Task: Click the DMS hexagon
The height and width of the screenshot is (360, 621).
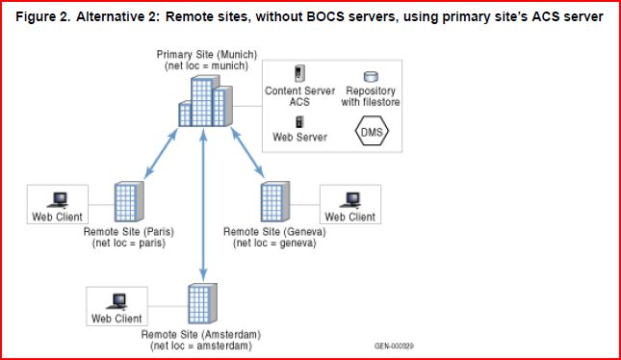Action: pyautogui.click(x=372, y=131)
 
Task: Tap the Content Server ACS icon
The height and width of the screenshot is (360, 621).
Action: pyautogui.click(x=299, y=73)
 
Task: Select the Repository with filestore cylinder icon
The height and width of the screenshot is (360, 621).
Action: pyautogui.click(x=371, y=76)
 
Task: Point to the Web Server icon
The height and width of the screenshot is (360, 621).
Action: pyautogui.click(x=299, y=122)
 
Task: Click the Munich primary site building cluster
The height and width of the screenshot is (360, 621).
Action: pyautogui.click(x=205, y=101)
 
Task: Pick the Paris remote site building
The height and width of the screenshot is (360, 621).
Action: pyautogui.click(x=129, y=201)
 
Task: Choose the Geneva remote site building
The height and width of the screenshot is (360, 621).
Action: pyautogui.click(x=275, y=201)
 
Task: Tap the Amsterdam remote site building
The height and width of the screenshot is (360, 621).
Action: pyautogui.click(x=202, y=303)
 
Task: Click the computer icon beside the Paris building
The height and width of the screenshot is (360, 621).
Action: pyautogui.click(x=58, y=200)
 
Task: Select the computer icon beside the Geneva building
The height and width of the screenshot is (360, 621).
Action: pyautogui.click(x=350, y=200)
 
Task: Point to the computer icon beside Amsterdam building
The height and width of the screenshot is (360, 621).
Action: pyautogui.click(x=117, y=302)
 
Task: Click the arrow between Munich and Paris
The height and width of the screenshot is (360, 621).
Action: pyautogui.click(x=161, y=153)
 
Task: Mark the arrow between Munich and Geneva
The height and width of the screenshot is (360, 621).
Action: pyautogui.click(x=247, y=152)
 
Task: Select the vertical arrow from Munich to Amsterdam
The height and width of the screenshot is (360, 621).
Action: pyautogui.click(x=203, y=205)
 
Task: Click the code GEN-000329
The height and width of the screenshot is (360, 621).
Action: pyautogui.click(x=394, y=347)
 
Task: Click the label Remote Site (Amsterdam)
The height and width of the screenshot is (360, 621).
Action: pyautogui.click(x=201, y=334)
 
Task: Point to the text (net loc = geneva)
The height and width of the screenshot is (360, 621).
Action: pyautogui.click(x=274, y=243)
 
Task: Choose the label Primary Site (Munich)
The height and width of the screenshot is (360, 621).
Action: pyautogui.click(x=207, y=54)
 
